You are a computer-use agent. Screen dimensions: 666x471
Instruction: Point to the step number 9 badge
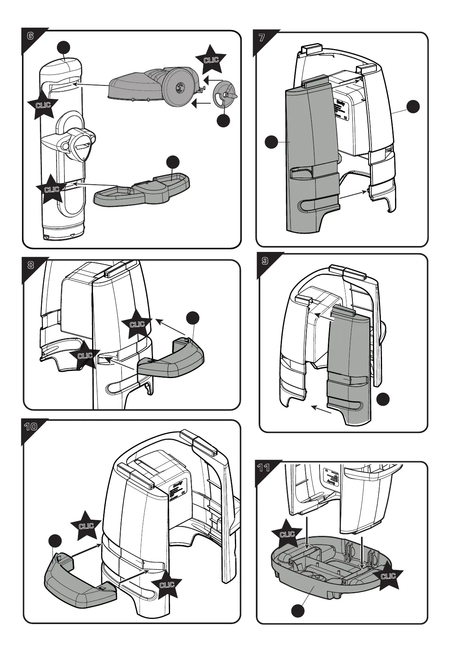click(265, 261)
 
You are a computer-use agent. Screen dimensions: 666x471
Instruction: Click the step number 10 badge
click(30, 427)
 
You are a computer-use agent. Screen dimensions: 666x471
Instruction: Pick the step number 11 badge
click(264, 468)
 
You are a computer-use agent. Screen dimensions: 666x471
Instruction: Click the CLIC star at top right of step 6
click(211, 60)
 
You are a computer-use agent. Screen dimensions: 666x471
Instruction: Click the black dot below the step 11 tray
click(298, 611)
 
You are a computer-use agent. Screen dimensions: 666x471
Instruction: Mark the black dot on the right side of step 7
click(413, 107)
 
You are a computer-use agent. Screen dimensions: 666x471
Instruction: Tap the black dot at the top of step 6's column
click(64, 47)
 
